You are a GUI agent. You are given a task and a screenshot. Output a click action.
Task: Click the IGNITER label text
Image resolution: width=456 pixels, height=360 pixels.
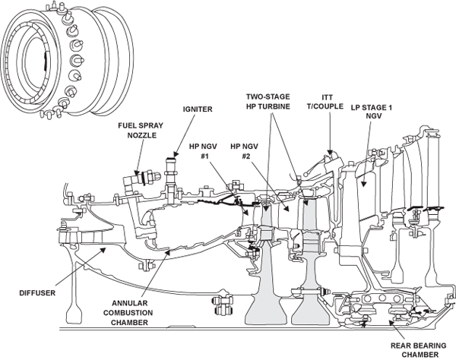pyautogui.click(x=198, y=109)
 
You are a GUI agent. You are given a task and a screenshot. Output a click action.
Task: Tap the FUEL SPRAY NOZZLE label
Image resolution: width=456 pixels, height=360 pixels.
pyautogui.click(x=141, y=131)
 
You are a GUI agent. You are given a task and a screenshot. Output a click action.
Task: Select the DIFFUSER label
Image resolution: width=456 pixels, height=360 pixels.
pyautogui.click(x=37, y=293)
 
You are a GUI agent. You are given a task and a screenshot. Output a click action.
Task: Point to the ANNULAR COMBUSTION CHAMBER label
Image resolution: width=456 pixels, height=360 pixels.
pyautogui.click(x=128, y=313)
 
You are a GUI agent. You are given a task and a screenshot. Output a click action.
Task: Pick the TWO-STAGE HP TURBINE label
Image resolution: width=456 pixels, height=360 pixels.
pyautogui.click(x=268, y=102)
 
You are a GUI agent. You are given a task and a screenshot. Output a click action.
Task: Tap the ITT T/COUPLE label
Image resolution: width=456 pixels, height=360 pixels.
pyautogui.click(x=325, y=102)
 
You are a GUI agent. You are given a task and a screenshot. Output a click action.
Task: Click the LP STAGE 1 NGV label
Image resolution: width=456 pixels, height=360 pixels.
pyautogui.click(x=372, y=112)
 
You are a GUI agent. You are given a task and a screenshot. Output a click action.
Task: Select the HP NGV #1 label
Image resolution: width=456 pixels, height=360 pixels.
pyautogui.click(x=203, y=151)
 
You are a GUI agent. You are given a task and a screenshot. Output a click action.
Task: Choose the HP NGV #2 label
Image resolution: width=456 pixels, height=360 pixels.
pyautogui.click(x=245, y=151)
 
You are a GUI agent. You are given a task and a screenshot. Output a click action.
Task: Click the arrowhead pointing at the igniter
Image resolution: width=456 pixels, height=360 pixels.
pyautogui.click(x=176, y=154)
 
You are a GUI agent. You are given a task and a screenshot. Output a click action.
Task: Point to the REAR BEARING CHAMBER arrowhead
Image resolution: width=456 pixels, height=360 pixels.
pyautogui.click(x=391, y=323)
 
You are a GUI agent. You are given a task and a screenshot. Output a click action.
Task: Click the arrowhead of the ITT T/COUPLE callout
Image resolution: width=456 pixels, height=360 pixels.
pyautogui.click(x=330, y=152)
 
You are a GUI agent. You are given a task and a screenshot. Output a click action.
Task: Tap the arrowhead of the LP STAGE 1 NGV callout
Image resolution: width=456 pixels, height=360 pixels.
pyautogui.click(x=363, y=183)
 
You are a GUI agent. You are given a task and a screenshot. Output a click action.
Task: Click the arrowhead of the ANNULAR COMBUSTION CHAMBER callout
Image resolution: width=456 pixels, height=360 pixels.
pyautogui.click(x=167, y=252)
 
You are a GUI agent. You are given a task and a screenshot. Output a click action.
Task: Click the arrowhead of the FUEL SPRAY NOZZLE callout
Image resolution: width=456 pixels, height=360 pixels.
pyautogui.click(x=136, y=173)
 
